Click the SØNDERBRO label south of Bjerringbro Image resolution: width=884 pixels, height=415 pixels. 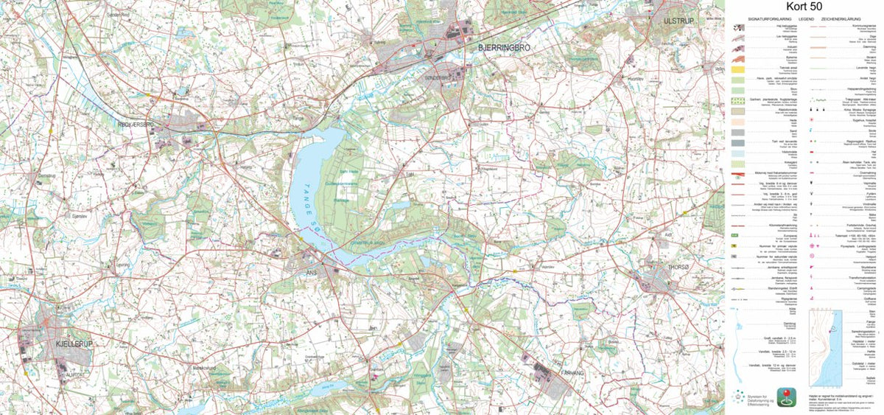point(437,74)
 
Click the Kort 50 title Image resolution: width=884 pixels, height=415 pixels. point(804,7)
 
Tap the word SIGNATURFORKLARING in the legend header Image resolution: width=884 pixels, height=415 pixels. point(768,18)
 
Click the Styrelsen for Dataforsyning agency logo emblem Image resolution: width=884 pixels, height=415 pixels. point(739,397)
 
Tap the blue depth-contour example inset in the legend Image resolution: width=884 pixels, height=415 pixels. point(826,347)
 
